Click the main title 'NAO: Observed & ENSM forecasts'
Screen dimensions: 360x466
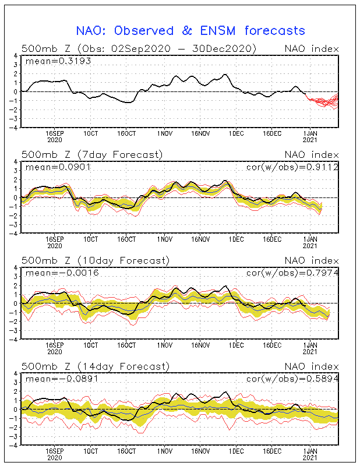click(190, 31)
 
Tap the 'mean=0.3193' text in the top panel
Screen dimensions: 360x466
click(58, 61)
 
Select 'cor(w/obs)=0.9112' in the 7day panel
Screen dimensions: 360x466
click(292, 167)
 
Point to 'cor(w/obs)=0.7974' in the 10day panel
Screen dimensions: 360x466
click(292, 273)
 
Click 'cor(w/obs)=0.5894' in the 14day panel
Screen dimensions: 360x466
click(292, 379)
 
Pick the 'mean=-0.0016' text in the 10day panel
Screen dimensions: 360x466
click(62, 273)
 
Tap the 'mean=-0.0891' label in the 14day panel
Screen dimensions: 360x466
click(62, 379)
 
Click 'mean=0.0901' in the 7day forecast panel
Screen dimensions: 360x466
click(58, 167)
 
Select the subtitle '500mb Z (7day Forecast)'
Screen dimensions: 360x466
click(92, 155)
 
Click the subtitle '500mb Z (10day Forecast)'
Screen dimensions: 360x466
click(96, 260)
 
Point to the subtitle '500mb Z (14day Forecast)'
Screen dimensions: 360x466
click(96, 366)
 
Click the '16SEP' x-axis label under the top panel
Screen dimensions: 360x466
click(55, 133)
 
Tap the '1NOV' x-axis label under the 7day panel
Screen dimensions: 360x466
click(165, 239)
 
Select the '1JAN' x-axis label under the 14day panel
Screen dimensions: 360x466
click(310, 451)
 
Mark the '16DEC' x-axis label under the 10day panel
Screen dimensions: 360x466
click(272, 345)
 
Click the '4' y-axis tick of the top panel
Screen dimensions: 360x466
click(16, 55)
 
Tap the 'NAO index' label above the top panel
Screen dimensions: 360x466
click(312, 48)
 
